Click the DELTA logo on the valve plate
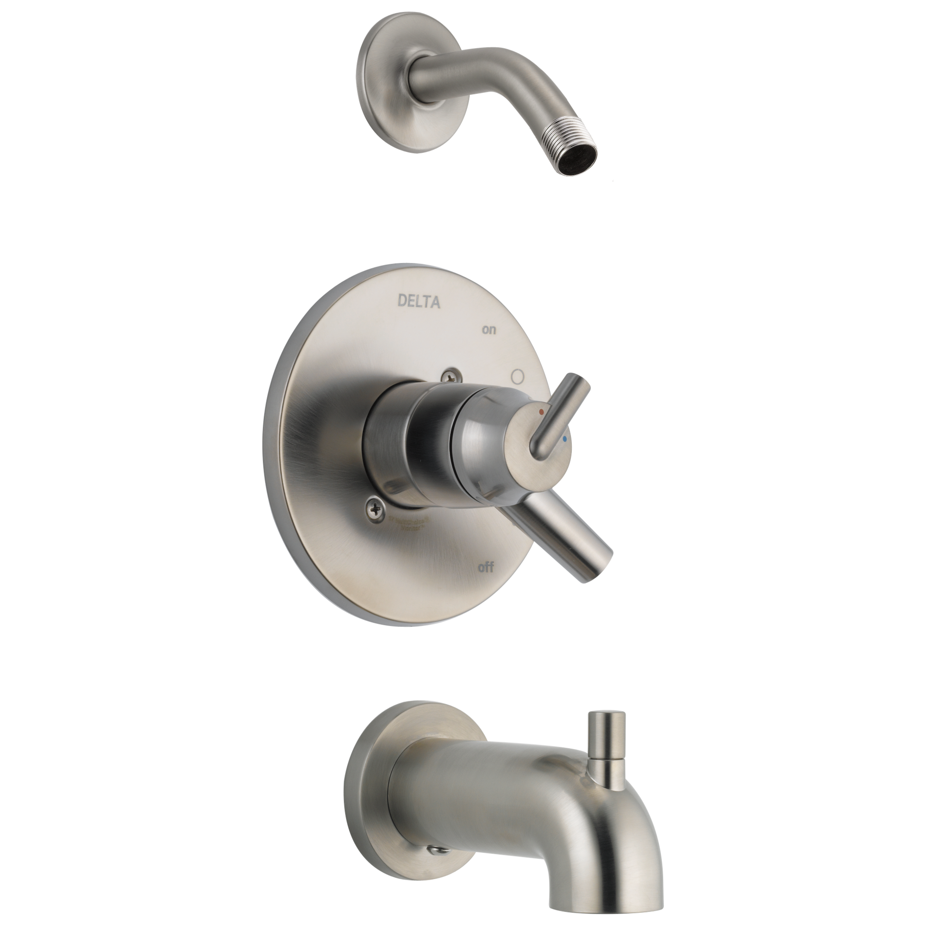pos(419,301)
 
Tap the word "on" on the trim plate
pos(489,330)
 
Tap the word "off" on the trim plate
pos(486,569)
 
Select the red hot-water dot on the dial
pos(542,411)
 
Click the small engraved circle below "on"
pos(517,375)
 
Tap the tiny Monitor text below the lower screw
pos(408,526)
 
